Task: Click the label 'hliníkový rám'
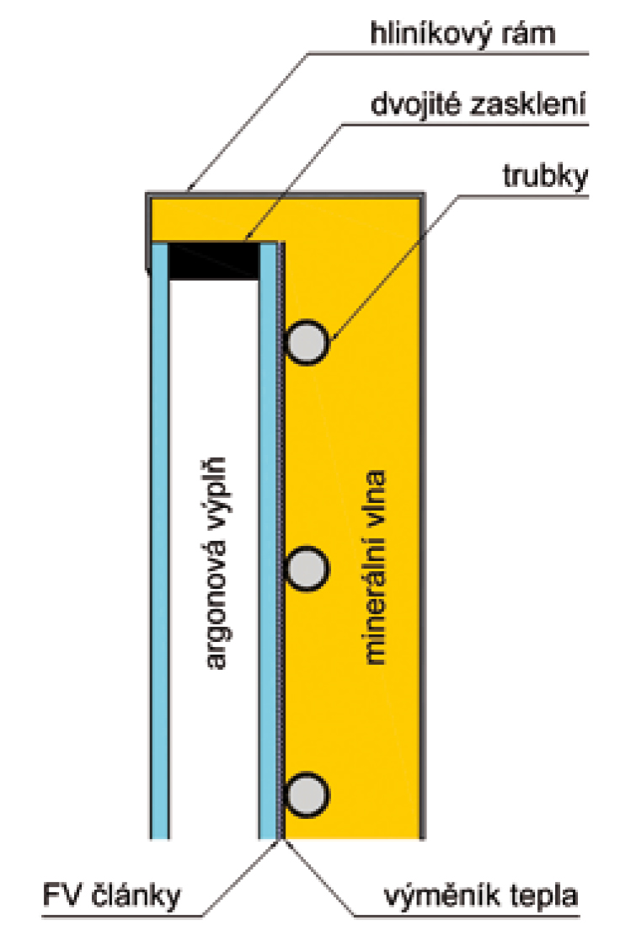pos(472,35)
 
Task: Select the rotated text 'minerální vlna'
pos(375,564)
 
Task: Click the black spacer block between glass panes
pos(213,260)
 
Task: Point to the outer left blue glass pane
pos(159,539)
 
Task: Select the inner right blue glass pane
pos(268,539)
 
